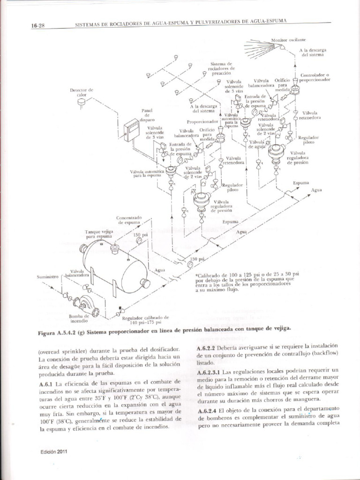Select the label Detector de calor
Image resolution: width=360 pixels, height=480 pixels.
pos(82,92)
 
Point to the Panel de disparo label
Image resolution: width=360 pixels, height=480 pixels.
pos(147,115)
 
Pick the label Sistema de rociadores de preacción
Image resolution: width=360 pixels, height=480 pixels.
pos(221,68)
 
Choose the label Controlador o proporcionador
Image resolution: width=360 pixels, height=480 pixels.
pos(315,77)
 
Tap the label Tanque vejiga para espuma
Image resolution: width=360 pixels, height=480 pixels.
pos(99,234)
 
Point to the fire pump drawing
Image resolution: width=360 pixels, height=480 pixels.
pos(86,305)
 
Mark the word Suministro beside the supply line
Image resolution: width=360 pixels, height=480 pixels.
pos(46,277)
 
